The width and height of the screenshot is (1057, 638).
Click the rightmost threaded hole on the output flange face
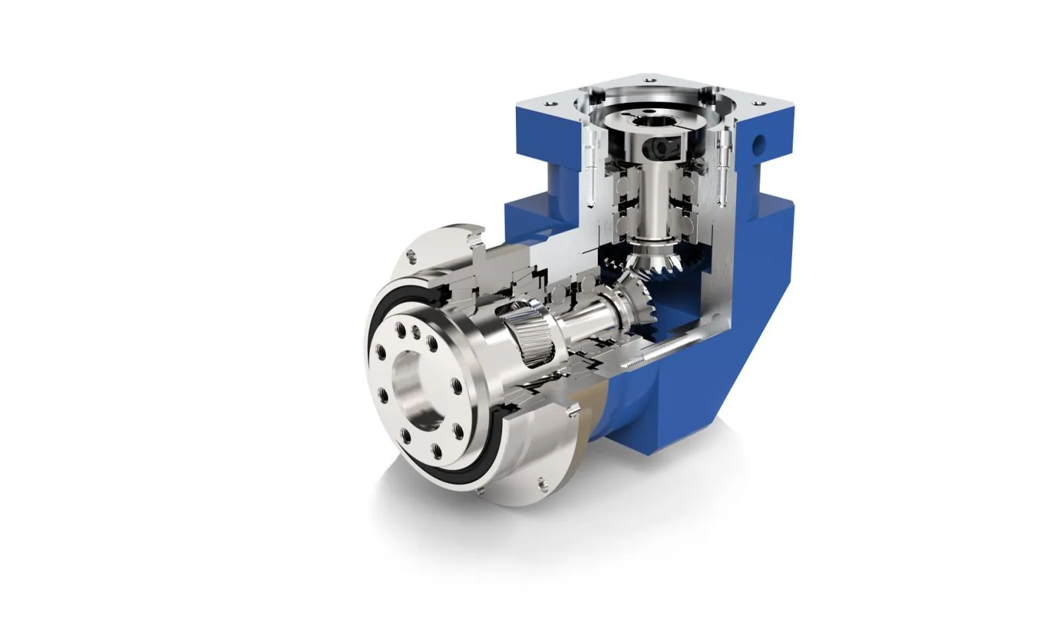[x=457, y=385]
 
